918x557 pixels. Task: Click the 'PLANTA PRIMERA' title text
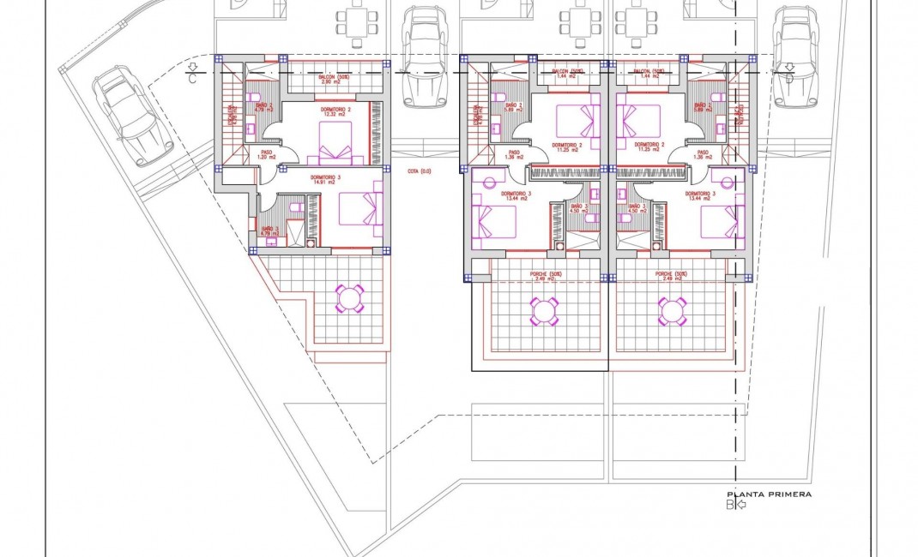click(769, 494)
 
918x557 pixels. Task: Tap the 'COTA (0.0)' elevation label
click(420, 171)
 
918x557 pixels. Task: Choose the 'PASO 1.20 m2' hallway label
click(267, 156)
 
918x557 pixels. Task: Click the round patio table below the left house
click(349, 297)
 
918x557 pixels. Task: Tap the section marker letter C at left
click(194, 80)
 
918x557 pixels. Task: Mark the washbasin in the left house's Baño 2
click(251, 129)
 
